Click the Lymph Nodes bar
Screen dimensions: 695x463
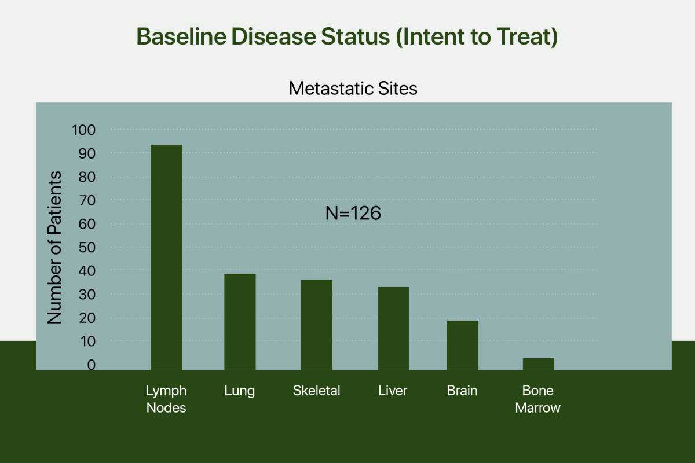pos(167,258)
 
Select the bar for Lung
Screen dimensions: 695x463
pos(240,322)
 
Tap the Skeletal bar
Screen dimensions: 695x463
pos(317,325)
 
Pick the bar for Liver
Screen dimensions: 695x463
pos(393,329)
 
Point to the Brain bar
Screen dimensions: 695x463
pos(463,346)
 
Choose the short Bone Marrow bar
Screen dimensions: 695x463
pos(539,364)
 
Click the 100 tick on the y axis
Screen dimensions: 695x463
pos(84,130)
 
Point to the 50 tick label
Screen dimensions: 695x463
pos(87,248)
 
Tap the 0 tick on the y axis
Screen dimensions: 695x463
pos(92,365)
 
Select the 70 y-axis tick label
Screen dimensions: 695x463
pos(87,201)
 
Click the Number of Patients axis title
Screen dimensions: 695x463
pos(54,248)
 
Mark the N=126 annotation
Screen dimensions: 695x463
pos(353,213)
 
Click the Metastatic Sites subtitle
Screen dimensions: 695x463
pos(353,89)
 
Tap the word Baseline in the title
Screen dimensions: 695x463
pos(181,36)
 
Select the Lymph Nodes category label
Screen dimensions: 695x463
pos(166,399)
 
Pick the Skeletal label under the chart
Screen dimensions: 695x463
pos(316,391)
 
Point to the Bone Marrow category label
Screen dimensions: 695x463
pos(538,399)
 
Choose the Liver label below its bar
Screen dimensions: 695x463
pos(393,391)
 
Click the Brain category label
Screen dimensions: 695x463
pos(462,391)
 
